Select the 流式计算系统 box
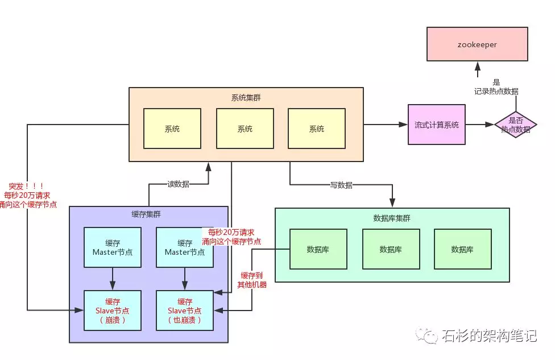[436, 125]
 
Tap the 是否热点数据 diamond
[515, 125]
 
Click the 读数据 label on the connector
[178, 184]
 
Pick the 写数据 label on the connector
[341, 185]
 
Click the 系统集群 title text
[246, 97]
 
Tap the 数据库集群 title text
[391, 218]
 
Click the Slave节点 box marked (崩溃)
[113, 311]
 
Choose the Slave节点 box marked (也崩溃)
[185, 311]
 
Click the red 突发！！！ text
[27, 187]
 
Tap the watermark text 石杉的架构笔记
[488, 336]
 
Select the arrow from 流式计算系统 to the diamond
[479, 125]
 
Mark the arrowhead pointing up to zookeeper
[477, 66]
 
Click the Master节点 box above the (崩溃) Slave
[113, 247]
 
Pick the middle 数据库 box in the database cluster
[391, 249]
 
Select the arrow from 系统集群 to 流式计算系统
[386, 125]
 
